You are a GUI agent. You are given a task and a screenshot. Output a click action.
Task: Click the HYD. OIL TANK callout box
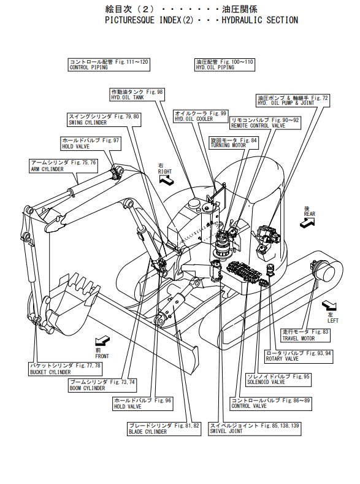click(137, 94)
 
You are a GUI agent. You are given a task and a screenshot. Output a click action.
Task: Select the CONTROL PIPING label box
click(109, 65)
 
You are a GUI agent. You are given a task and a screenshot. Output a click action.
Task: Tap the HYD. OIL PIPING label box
click(224, 65)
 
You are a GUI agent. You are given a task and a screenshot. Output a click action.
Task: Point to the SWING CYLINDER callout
click(104, 120)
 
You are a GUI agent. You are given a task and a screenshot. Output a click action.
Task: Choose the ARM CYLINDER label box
click(64, 166)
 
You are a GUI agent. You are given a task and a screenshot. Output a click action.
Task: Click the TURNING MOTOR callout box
click(234, 143)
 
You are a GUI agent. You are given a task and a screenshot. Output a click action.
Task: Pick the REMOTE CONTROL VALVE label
click(266, 123)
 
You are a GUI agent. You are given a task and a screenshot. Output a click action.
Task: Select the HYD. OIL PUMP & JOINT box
click(293, 101)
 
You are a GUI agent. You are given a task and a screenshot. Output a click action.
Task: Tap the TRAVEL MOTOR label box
click(305, 335)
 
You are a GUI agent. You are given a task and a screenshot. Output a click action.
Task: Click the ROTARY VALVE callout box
click(299, 356)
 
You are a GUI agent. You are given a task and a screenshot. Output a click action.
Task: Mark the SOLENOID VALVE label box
click(278, 379)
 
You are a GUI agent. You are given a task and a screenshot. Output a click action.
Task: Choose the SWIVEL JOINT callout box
click(255, 429)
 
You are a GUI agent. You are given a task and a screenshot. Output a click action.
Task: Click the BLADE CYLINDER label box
click(164, 429)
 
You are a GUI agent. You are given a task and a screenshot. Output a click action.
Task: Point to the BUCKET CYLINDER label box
click(66, 369)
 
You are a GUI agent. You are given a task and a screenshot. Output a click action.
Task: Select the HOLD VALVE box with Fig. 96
click(143, 404)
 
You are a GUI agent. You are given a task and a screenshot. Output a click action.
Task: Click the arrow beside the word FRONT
click(102, 340)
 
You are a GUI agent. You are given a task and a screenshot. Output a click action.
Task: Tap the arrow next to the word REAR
click(307, 223)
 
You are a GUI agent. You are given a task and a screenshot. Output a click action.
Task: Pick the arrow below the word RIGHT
click(167, 180)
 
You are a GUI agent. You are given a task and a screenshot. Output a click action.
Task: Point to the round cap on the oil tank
click(194, 203)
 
